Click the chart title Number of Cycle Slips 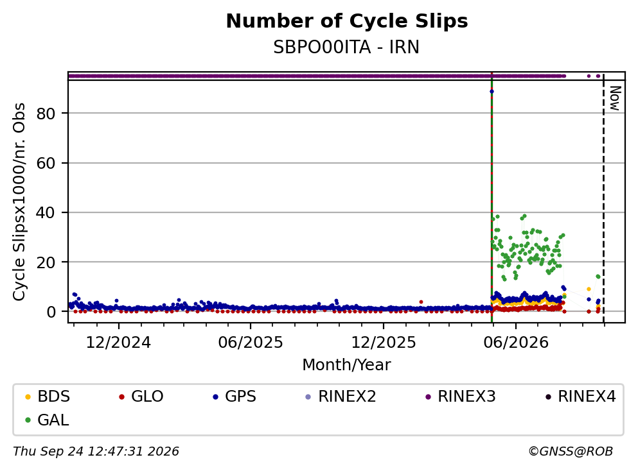pos(347,21)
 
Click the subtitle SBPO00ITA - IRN pos(346,47)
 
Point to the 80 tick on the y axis pos(46,114)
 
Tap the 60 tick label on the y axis pos(46,163)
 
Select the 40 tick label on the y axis pos(46,212)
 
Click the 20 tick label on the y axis pos(46,262)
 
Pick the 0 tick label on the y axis pos(51,312)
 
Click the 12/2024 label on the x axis pos(118,343)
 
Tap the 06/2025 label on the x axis pos(251,343)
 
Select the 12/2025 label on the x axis pos(384,343)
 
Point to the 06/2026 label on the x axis pos(516,343)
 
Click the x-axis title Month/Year pos(346,365)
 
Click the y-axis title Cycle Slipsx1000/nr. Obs pos(19,202)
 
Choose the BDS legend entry pos(48,396)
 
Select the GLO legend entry pos(141,396)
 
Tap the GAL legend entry pos(47,420)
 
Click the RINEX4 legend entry pos(581,396)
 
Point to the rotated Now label pos(615,98)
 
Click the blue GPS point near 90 pos(492,91)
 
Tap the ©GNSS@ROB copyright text pos(571,452)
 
